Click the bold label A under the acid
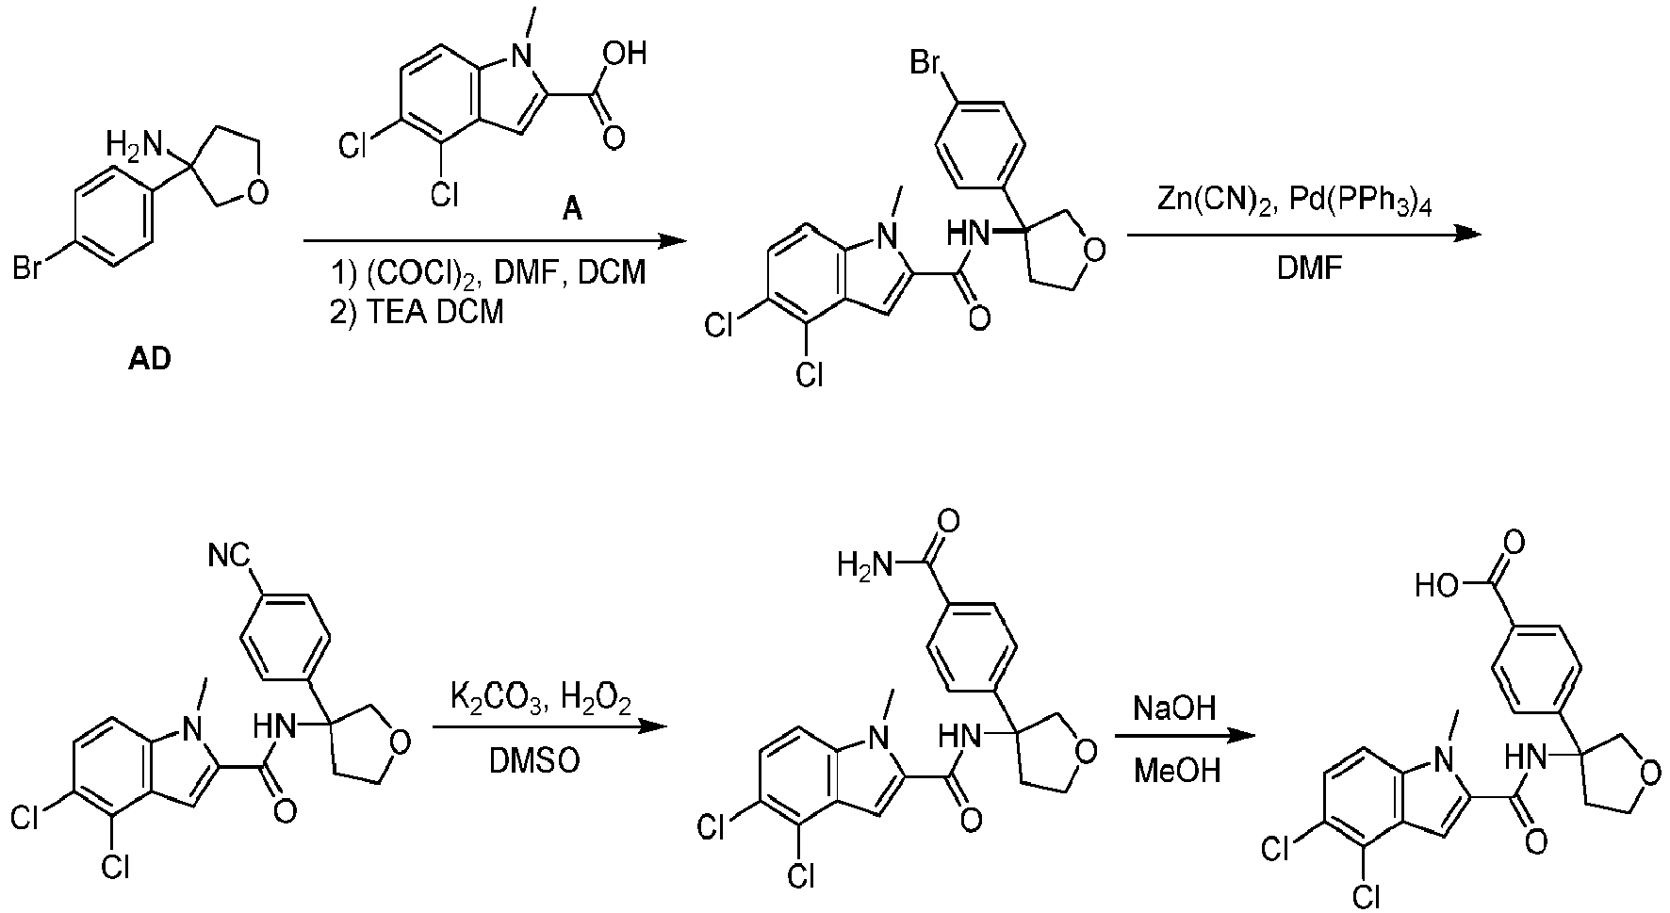tap(572, 210)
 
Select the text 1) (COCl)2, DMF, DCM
tap(489, 273)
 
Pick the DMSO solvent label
tap(533, 760)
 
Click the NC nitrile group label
tap(229, 558)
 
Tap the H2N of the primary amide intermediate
tap(864, 565)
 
